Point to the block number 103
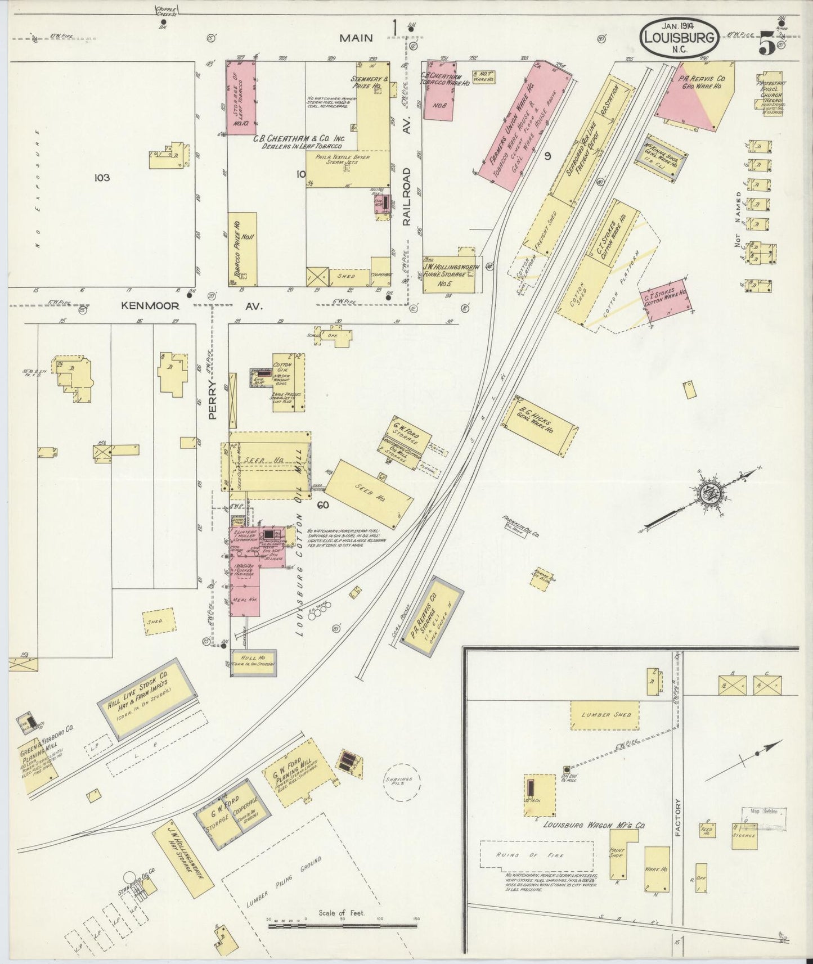pos(102,178)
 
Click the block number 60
pos(322,505)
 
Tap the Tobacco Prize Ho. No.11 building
pos(243,249)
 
